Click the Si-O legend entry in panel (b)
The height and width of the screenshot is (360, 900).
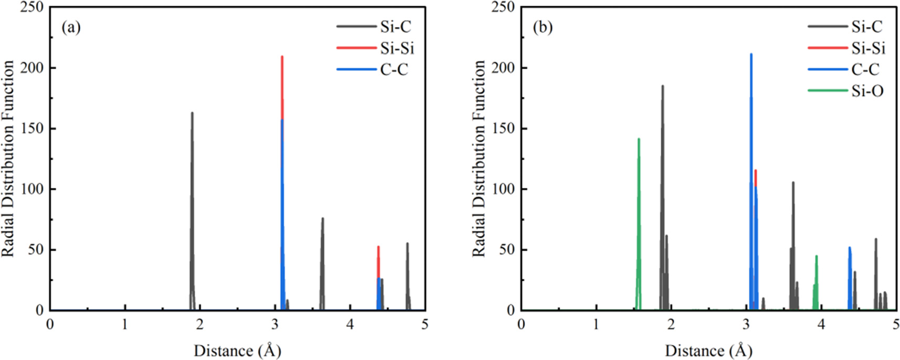pyautogui.click(x=867, y=91)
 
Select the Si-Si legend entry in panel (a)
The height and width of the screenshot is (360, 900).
pyautogui.click(x=397, y=48)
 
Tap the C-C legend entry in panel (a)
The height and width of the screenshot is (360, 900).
pyautogui.click(x=394, y=69)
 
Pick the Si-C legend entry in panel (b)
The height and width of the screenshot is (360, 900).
pyautogui.click(x=867, y=27)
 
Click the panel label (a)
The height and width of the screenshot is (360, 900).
pyautogui.click(x=71, y=27)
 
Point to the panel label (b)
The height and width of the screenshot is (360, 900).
pyautogui.click(x=542, y=27)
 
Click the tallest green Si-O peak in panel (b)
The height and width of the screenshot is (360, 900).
pyautogui.click(x=639, y=139)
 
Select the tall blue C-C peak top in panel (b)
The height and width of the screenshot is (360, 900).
pyautogui.click(x=751, y=54)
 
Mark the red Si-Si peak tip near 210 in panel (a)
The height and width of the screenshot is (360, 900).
pyautogui.click(x=282, y=57)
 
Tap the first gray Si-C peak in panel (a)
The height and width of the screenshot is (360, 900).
pyautogui.click(x=192, y=113)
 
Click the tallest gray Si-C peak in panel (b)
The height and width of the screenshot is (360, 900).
pyautogui.click(x=662, y=86)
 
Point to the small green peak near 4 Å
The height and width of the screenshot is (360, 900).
pyautogui.click(x=817, y=257)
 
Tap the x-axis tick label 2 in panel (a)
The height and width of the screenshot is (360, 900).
pyautogui.click(x=200, y=324)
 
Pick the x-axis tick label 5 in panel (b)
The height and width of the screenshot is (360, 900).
pyautogui.click(x=896, y=324)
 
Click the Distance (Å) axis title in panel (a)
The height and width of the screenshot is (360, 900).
pyautogui.click(x=237, y=351)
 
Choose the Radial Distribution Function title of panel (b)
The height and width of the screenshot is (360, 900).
pyautogui.click(x=479, y=158)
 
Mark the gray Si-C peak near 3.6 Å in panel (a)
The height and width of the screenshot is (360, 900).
pyautogui.click(x=323, y=219)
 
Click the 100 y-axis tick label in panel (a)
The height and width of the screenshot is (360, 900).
pyautogui.click(x=31, y=189)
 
